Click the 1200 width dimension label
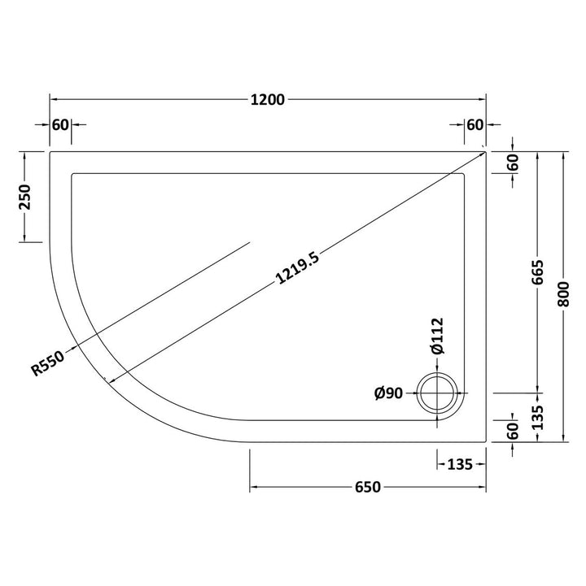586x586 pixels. click(x=268, y=100)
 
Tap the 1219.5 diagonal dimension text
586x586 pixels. click(x=297, y=268)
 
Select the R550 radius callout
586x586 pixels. click(x=48, y=362)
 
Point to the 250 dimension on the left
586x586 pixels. click(x=26, y=197)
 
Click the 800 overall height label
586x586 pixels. click(x=563, y=294)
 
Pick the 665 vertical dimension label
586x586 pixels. click(x=537, y=272)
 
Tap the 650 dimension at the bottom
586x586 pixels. click(x=367, y=487)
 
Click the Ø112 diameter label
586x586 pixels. click(x=437, y=336)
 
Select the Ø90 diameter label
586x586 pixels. click(x=388, y=393)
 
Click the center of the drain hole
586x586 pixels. click(x=437, y=393)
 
